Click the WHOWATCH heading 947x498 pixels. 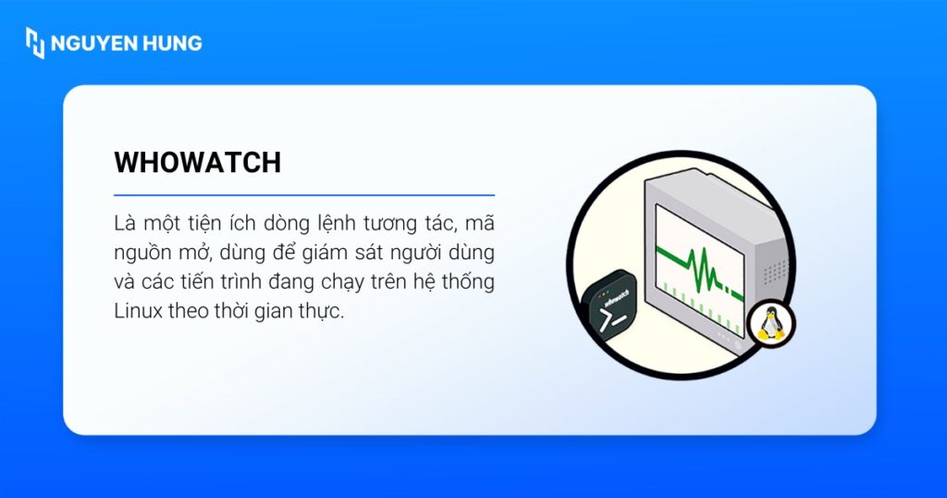coord(197,162)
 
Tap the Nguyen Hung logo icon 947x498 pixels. coord(35,43)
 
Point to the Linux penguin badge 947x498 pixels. coord(770,324)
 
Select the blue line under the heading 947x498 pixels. coord(303,195)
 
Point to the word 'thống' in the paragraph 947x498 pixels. coord(470,281)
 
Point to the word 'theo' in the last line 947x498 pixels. coord(189,311)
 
